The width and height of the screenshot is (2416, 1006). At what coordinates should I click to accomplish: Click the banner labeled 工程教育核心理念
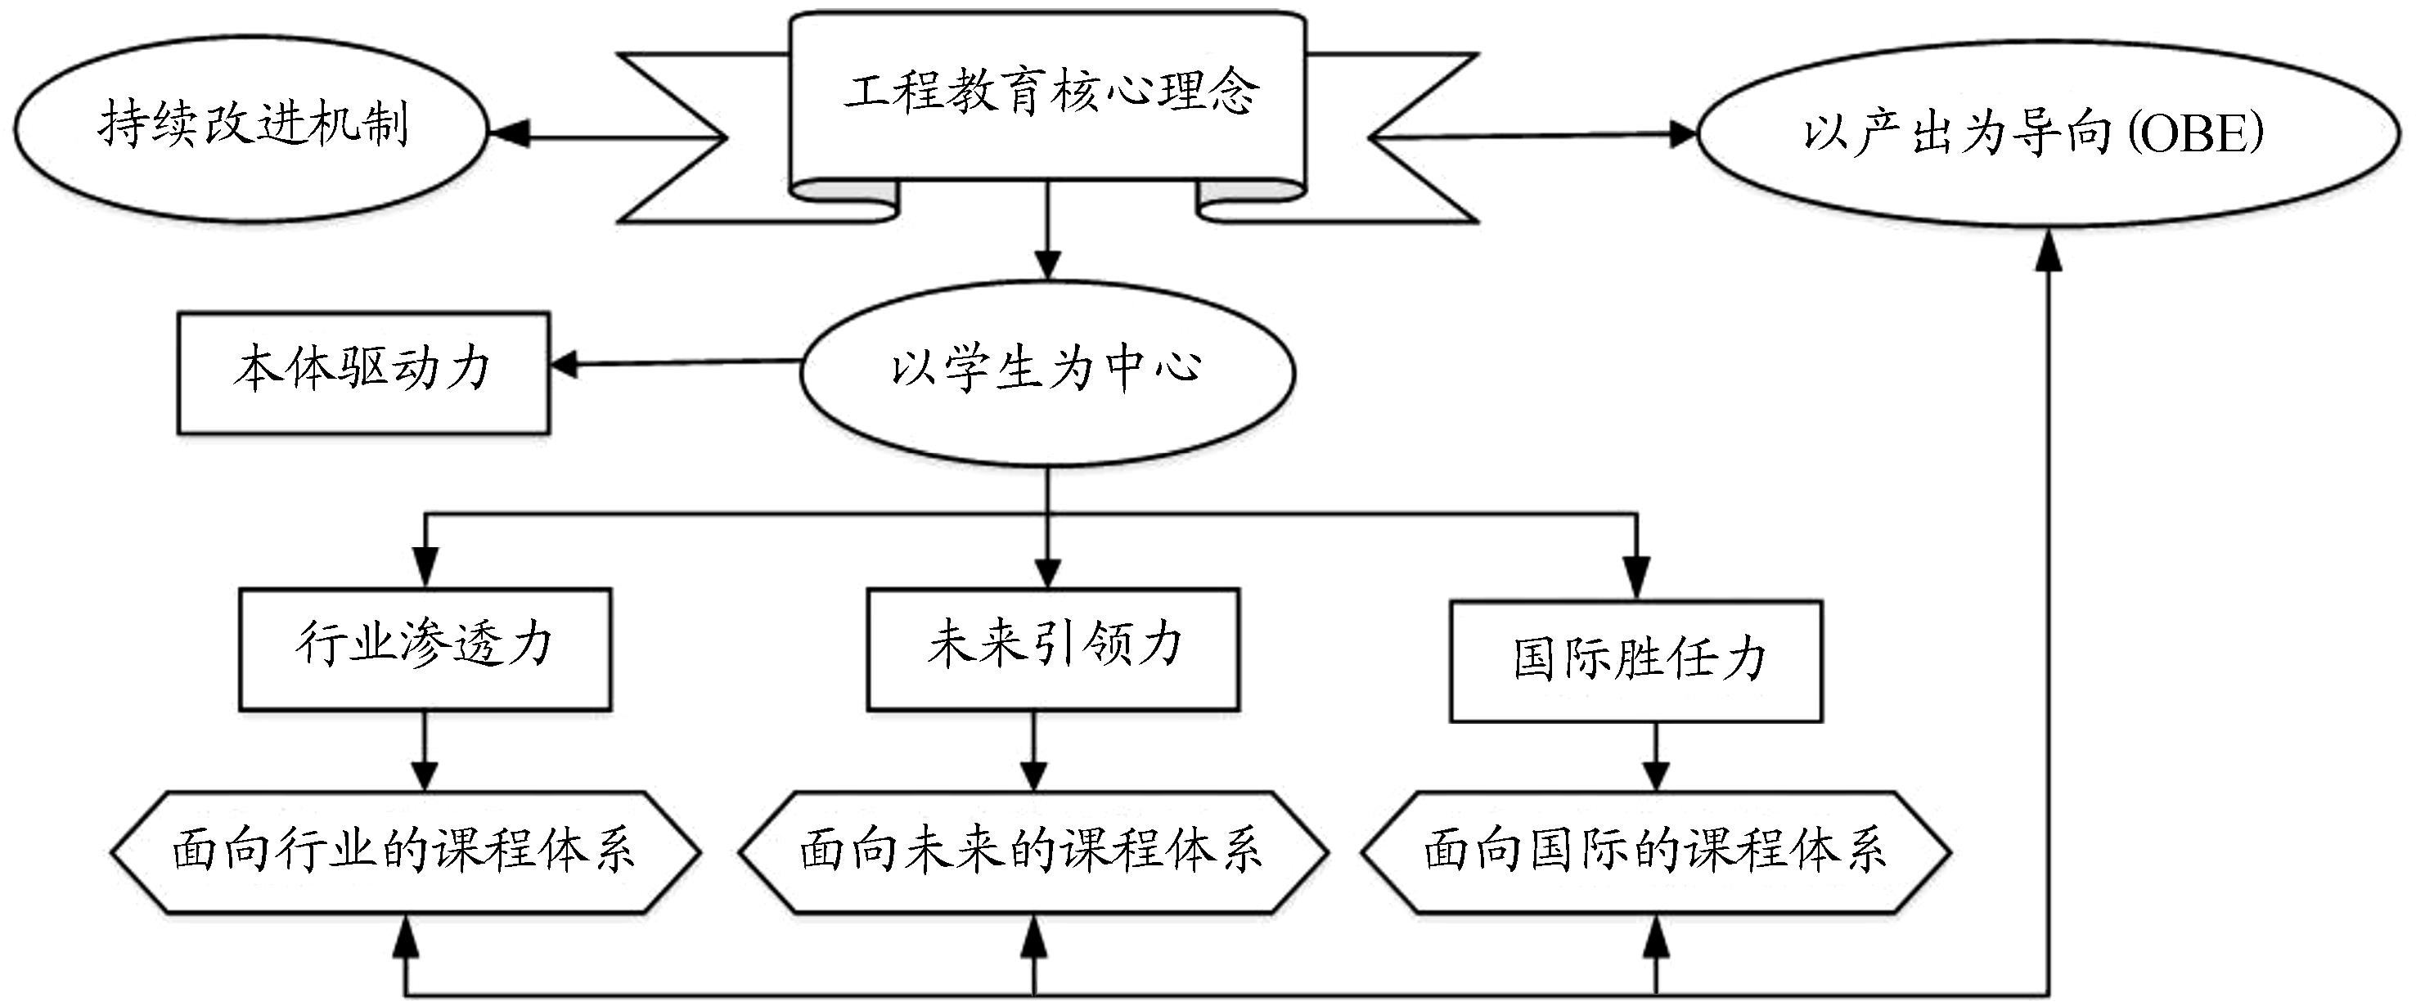tap(1047, 94)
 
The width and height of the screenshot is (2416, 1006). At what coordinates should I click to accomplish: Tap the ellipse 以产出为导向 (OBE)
tap(2049, 133)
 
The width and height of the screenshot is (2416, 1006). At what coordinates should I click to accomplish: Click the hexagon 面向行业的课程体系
tap(405, 851)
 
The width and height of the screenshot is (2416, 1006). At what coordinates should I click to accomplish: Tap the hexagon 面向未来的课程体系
tap(1033, 851)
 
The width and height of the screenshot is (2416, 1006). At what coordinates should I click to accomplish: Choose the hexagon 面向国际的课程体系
tap(1655, 851)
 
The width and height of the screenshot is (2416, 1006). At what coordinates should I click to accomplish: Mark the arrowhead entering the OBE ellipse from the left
tap(1685, 134)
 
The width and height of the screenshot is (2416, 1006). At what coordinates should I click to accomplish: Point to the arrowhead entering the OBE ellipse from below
tap(2049, 251)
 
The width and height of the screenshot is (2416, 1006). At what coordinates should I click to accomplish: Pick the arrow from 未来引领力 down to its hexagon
tap(1033, 750)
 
